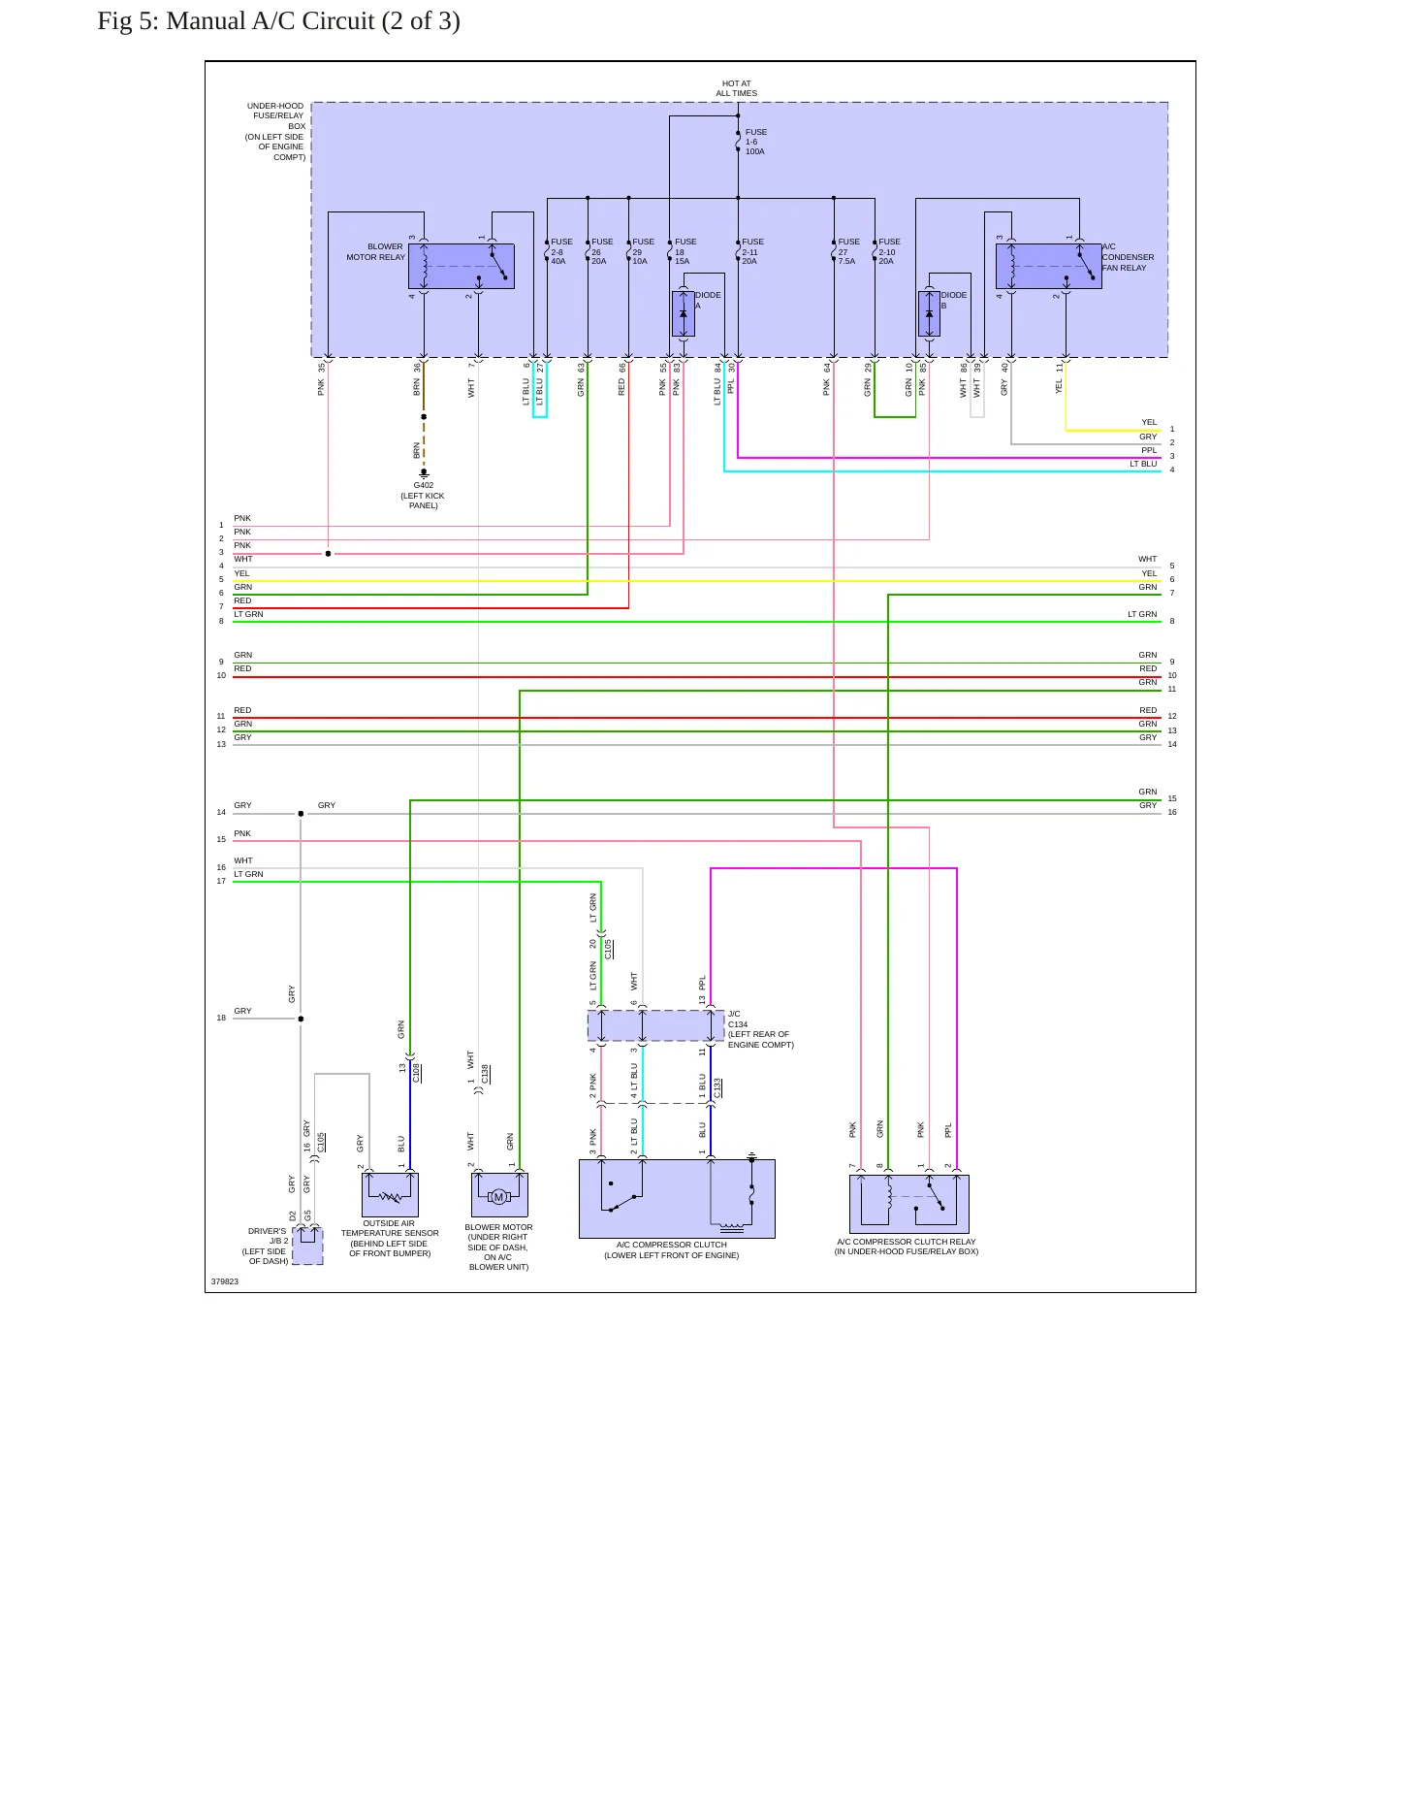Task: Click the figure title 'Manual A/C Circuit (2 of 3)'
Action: point(313,21)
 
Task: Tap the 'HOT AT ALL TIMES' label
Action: point(737,89)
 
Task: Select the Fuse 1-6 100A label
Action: point(756,142)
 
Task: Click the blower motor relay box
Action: point(462,266)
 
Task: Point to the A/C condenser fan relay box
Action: point(1049,266)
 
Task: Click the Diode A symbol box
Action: point(684,314)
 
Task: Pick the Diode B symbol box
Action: point(929,314)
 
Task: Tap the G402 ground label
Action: point(424,495)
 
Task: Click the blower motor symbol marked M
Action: point(499,1197)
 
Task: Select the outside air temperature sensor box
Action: point(390,1195)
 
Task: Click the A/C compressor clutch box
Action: point(677,1199)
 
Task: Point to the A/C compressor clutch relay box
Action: point(909,1204)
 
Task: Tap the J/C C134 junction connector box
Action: point(656,1025)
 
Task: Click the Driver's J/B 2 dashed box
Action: point(308,1246)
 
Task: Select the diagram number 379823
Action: point(225,1281)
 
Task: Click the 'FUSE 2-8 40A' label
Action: point(561,251)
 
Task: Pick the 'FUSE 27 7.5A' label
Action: point(848,251)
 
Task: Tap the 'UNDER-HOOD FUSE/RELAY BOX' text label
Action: point(275,131)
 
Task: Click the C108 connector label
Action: point(416,1073)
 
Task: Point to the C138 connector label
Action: point(486,1074)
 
